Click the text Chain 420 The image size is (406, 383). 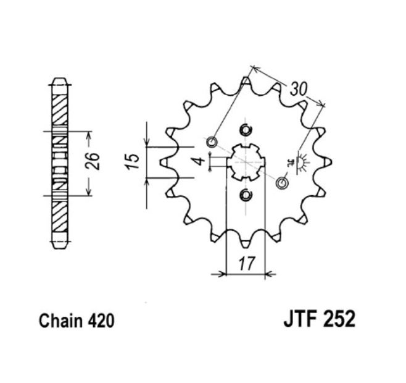[x=77, y=322]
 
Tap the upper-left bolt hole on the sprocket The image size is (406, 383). [x=212, y=142]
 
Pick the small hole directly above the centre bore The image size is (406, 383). [x=246, y=129]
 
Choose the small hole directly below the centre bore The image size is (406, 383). [x=246, y=196]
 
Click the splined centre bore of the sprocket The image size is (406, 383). [x=246, y=162]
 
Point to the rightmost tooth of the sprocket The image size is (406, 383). [x=328, y=162]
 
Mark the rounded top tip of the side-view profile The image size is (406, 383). [x=59, y=80]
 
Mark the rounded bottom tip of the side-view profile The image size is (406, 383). [x=59, y=245]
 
